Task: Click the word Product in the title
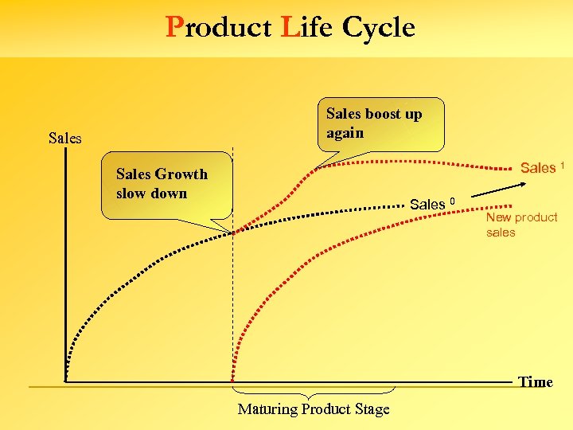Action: (x=219, y=28)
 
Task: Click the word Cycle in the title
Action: (x=379, y=28)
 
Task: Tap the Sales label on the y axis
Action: (x=64, y=139)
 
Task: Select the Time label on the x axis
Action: (x=535, y=382)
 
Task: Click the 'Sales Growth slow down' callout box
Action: (x=167, y=190)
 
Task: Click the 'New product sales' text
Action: (x=521, y=225)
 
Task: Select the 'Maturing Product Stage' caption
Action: (x=314, y=409)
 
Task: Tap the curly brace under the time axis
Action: (x=314, y=393)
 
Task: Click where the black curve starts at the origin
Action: (x=66, y=381)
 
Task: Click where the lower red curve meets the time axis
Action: (x=236, y=381)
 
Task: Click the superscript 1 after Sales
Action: (x=563, y=164)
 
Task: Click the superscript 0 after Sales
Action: (x=452, y=200)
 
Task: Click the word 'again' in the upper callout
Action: (x=345, y=134)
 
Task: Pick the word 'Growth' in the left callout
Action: (x=181, y=174)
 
